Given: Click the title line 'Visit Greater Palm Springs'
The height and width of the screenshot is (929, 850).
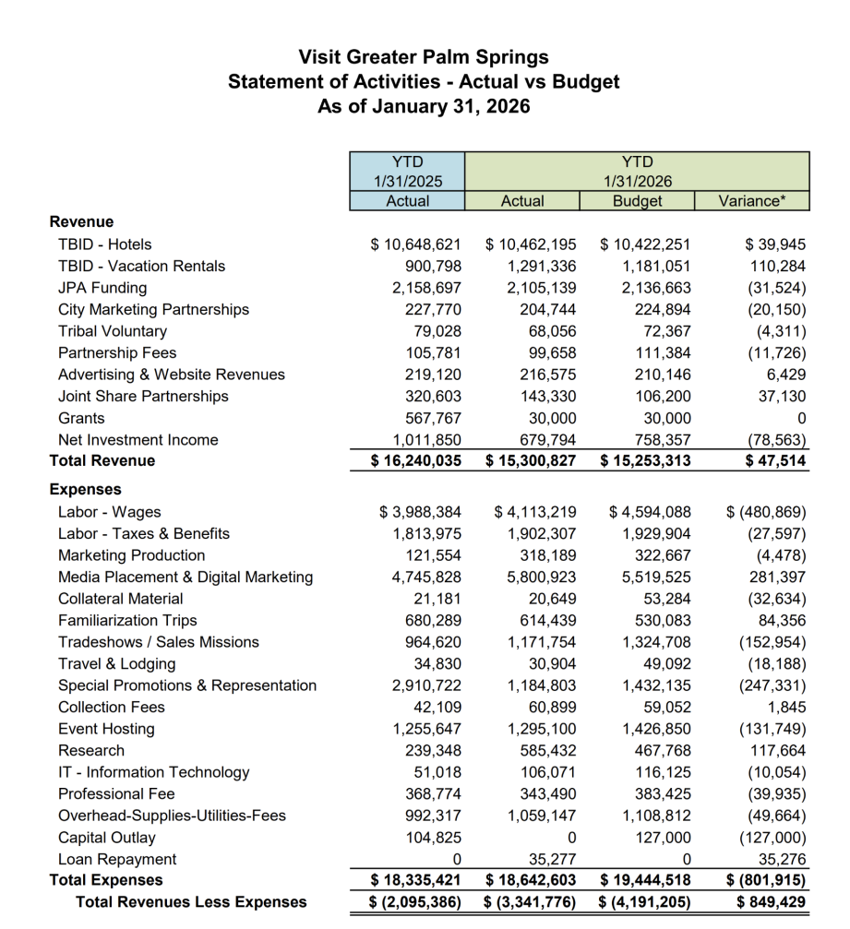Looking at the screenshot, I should coord(424,57).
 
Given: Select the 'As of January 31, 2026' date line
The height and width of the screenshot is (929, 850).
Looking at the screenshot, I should coord(424,106).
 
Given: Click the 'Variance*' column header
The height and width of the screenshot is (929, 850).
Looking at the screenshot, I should coord(751,200).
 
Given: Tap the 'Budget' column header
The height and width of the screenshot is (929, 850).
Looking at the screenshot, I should coord(637,200).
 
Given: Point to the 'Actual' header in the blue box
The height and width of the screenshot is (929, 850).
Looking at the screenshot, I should coord(408,200).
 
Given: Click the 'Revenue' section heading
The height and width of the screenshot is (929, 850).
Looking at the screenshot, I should coord(81,222).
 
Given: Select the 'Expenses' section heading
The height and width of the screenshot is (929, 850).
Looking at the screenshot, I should coord(85,490).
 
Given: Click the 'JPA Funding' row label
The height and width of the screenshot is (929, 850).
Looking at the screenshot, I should coord(102,288).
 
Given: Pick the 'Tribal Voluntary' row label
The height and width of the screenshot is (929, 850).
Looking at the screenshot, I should coord(113,331).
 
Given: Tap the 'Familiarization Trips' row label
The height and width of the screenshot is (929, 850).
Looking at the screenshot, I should coord(127,621).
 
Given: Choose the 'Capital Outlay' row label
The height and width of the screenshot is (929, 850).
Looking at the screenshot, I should coord(106,838).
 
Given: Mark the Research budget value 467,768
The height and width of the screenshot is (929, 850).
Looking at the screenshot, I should coord(659,751).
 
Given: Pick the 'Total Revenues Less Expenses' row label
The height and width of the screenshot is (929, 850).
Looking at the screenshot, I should coord(191,902).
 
